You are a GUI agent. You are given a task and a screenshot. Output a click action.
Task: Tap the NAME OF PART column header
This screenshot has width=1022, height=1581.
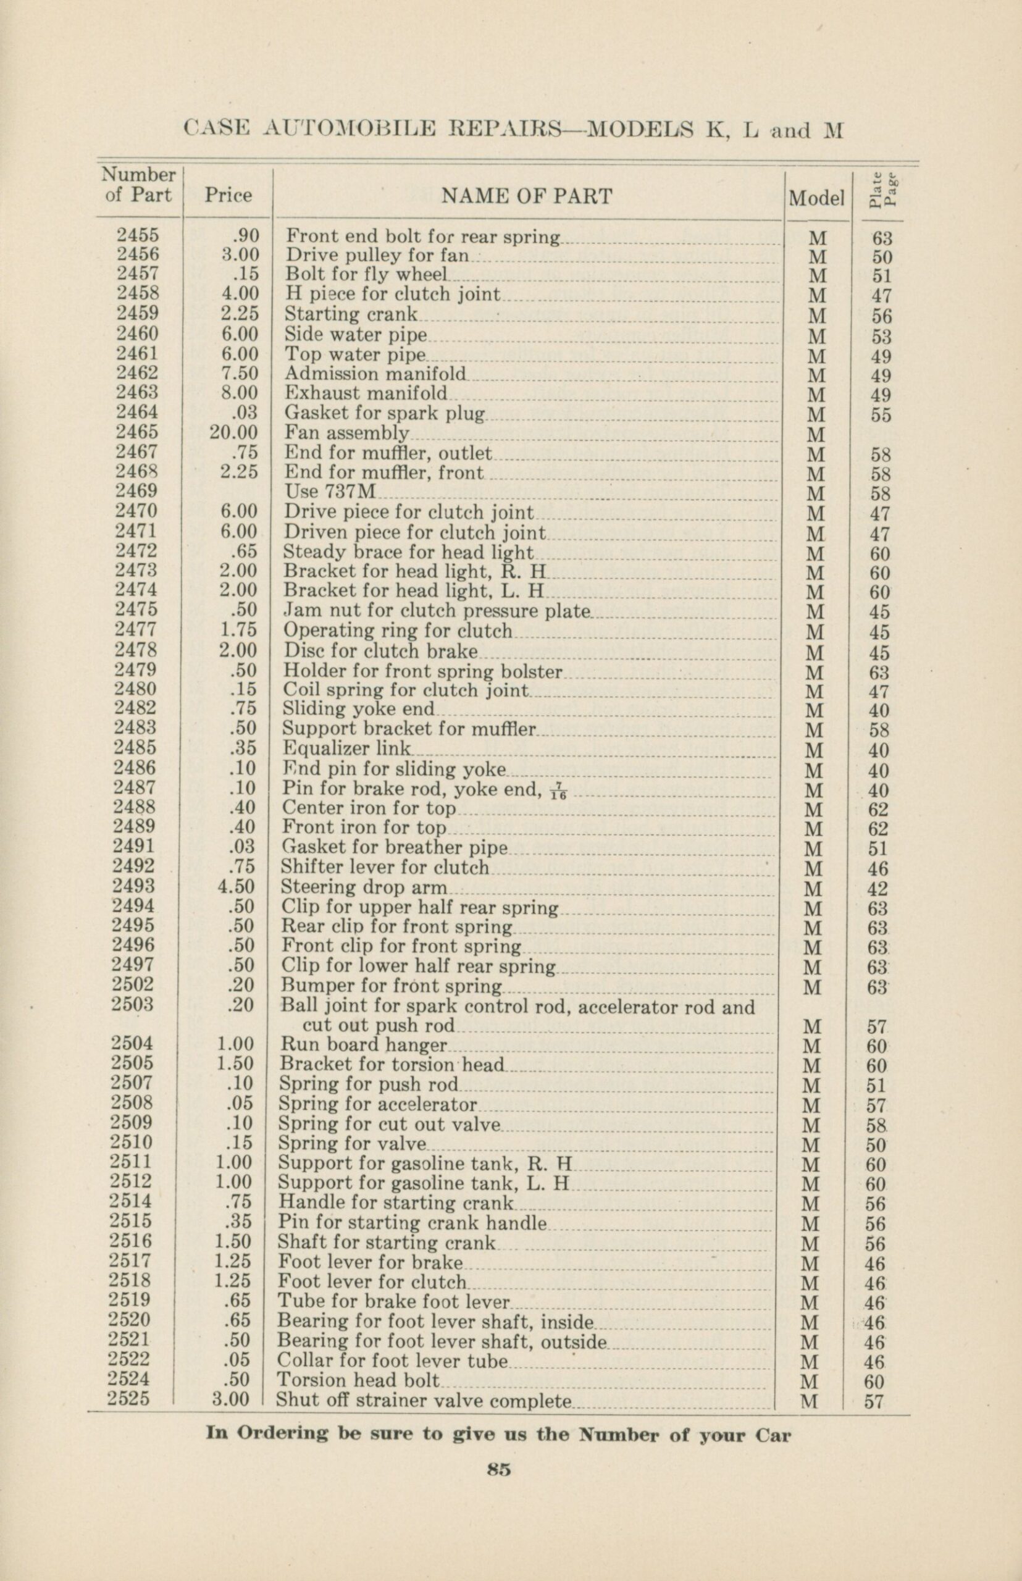pyautogui.click(x=526, y=196)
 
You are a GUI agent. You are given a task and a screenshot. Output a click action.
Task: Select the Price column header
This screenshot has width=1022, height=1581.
pyautogui.click(x=228, y=196)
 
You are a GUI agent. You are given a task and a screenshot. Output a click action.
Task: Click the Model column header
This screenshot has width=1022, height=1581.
pyautogui.click(x=816, y=198)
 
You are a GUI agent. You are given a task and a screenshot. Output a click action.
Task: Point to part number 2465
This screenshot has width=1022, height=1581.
pyautogui.click(x=137, y=432)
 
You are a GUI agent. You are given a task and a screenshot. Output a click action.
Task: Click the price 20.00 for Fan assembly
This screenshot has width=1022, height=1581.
pyautogui.click(x=233, y=432)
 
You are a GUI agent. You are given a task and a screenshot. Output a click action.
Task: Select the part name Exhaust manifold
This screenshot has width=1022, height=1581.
pyautogui.click(x=366, y=393)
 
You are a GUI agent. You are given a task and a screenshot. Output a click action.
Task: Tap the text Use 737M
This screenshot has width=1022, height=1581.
pyautogui.click(x=330, y=492)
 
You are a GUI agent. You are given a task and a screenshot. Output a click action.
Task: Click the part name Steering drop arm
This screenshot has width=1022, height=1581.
pyautogui.click(x=364, y=887)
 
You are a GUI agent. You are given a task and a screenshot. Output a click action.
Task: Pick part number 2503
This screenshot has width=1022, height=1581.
pyautogui.click(x=133, y=1004)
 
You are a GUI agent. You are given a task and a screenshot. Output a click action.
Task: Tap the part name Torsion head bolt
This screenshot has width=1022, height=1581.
pyautogui.click(x=358, y=1380)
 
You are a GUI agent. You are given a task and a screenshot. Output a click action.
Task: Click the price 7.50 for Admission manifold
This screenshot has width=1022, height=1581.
pyautogui.click(x=239, y=373)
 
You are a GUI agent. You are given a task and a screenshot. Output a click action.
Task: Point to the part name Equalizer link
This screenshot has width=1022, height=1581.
pyautogui.click(x=346, y=748)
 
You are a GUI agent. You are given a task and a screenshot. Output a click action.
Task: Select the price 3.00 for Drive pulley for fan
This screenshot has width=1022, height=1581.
pyautogui.click(x=239, y=254)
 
